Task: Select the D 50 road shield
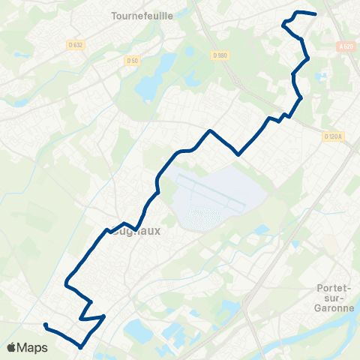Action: [133, 60]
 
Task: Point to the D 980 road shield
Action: [219, 55]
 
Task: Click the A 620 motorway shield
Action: [345, 46]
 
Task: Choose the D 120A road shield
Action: [332, 136]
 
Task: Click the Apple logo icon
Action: [12, 347]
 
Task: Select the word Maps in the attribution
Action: [33, 347]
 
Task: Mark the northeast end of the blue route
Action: [315, 14]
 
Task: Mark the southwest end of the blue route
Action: [46, 325]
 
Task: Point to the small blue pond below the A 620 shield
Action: [321, 76]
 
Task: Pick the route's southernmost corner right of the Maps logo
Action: [80, 346]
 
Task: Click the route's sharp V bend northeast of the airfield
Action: [238, 154]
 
